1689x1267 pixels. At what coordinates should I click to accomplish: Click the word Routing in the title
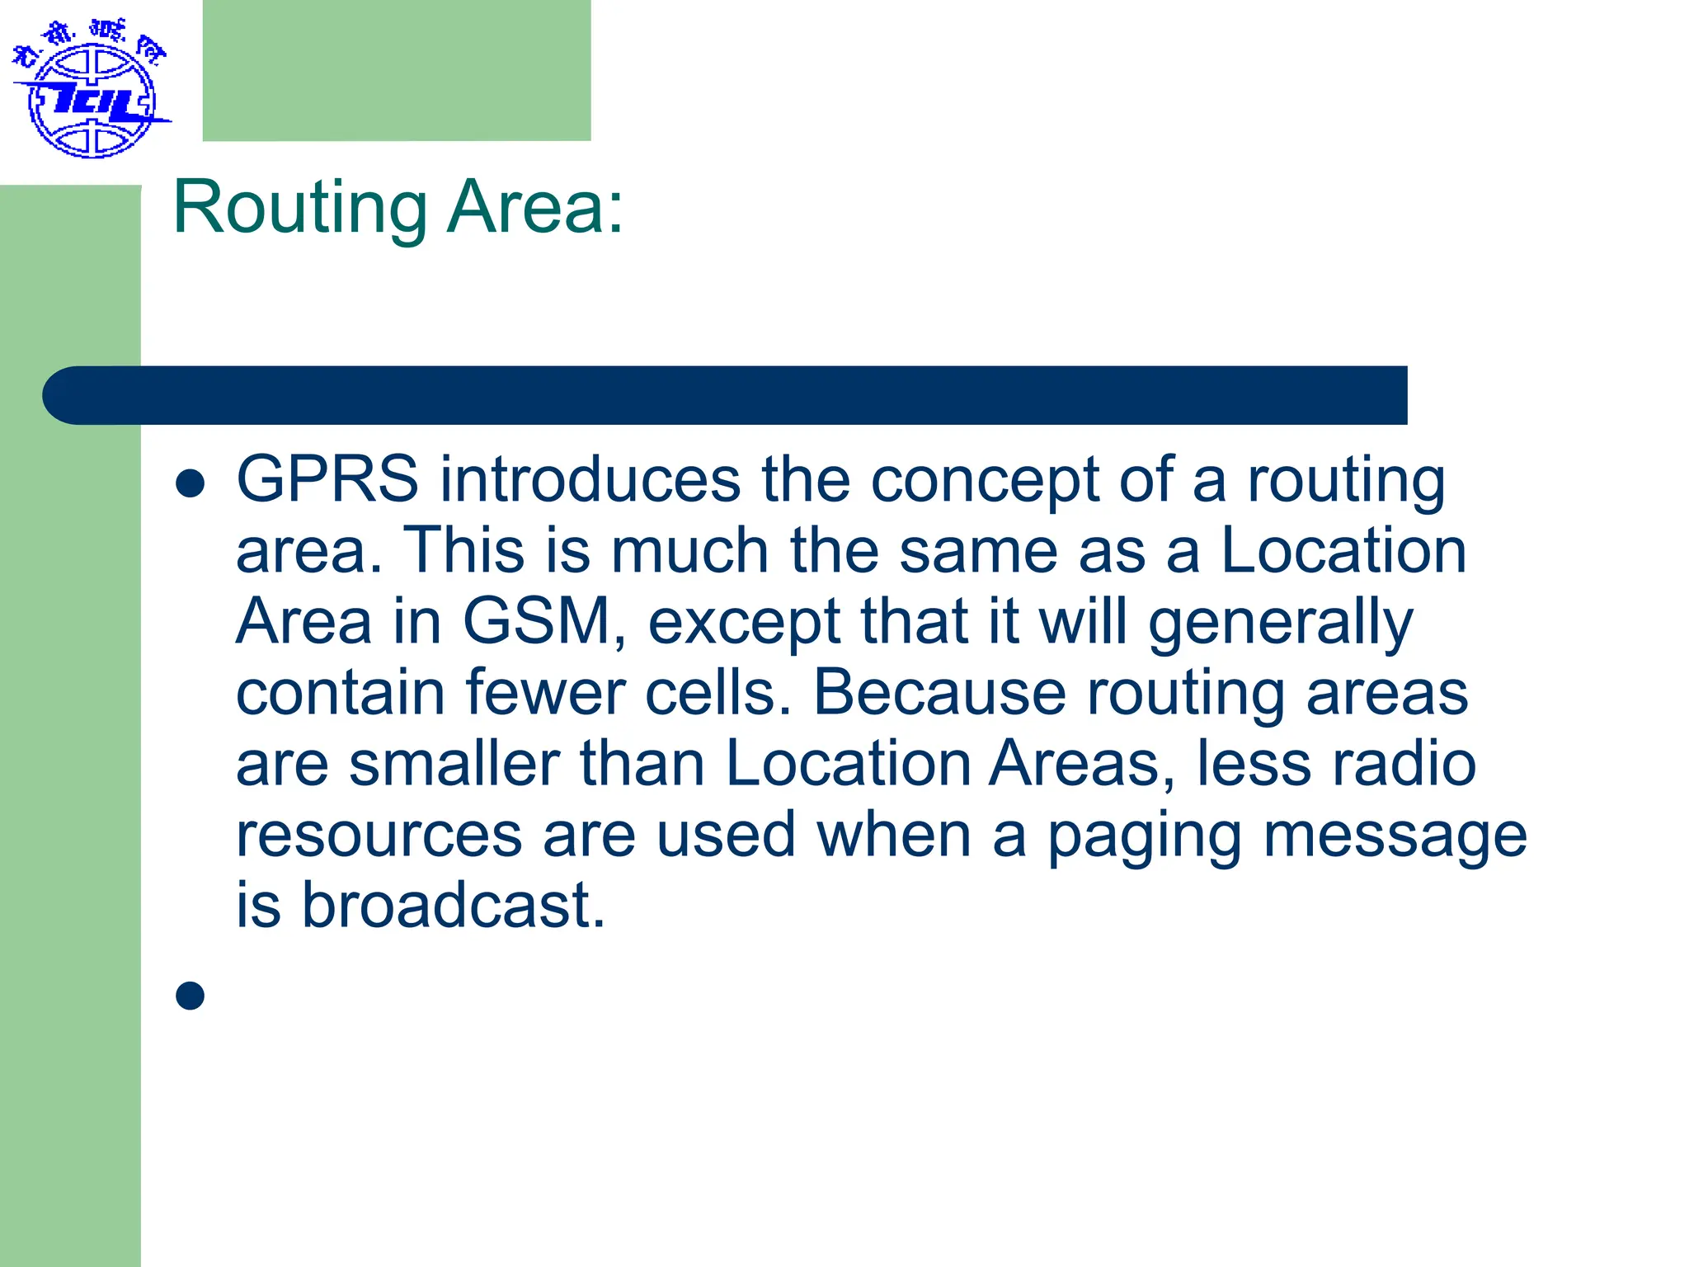click(x=300, y=208)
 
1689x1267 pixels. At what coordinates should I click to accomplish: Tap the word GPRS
click(x=327, y=479)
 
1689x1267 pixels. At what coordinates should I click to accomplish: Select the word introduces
click(x=590, y=479)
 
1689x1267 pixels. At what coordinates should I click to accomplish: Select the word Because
click(x=939, y=693)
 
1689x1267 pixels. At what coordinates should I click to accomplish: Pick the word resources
click(x=379, y=835)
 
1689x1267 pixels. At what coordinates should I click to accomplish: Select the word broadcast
click(x=453, y=905)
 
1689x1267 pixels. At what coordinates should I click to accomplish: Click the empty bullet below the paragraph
click(x=191, y=996)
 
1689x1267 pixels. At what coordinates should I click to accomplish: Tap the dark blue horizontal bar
click(x=726, y=395)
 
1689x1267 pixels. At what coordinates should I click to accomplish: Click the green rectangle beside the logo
click(x=397, y=70)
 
